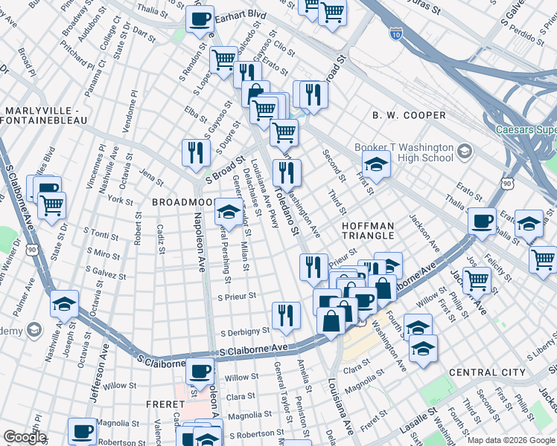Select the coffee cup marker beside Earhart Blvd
point(199,20)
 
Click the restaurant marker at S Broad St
point(194,152)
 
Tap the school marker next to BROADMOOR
point(228,213)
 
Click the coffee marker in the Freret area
point(199,371)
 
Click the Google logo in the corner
point(25,437)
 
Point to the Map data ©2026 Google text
point(510,440)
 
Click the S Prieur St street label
point(237,296)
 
